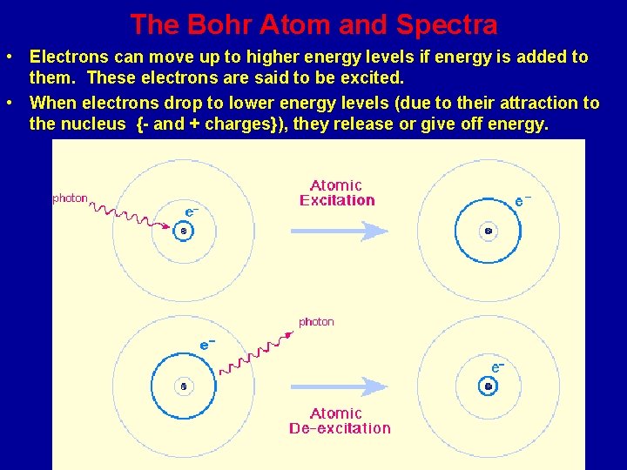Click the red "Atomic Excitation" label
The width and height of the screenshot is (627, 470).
(337, 192)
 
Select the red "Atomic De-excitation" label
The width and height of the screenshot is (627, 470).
(339, 420)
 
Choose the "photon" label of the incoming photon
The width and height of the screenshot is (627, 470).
(71, 198)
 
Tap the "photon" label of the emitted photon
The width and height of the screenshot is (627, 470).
(316, 322)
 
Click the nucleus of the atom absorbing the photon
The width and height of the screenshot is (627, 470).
(183, 231)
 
